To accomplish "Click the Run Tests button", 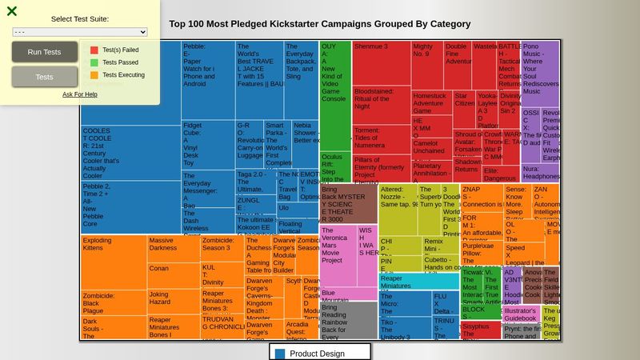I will [x=45, y=52].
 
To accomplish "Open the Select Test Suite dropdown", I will [x=80, y=32].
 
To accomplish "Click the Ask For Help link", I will [x=80, y=94].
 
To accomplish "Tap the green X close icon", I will [x=12, y=11].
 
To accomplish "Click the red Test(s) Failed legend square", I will [x=94, y=50].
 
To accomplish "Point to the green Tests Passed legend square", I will [x=94, y=62].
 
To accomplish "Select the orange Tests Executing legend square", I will [x=94, y=75].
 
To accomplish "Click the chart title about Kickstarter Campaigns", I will [x=320, y=24].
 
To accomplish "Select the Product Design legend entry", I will [x=317, y=353].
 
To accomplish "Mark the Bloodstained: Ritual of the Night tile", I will [x=381, y=105].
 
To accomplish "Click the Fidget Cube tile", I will [x=207, y=153].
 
